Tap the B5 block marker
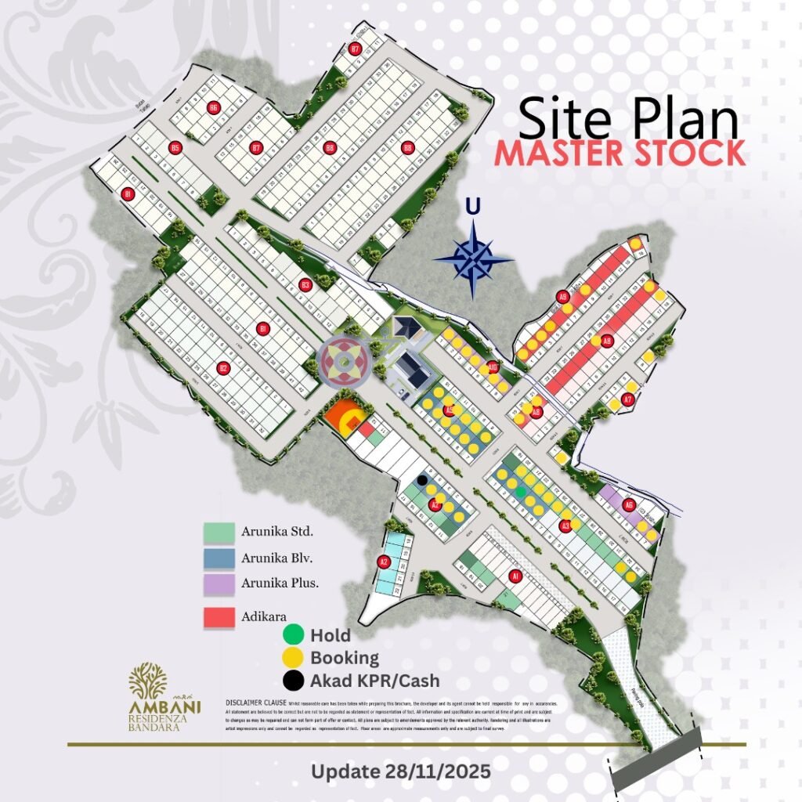click(x=175, y=147)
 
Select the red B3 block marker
click(x=305, y=285)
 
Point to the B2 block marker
click(x=222, y=367)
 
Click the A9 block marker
click(x=562, y=296)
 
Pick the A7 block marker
click(x=627, y=400)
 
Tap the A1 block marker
click(x=515, y=576)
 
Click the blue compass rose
click(x=473, y=258)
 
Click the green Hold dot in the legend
click(x=294, y=634)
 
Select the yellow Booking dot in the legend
click(x=294, y=657)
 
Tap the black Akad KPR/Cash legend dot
click(x=294, y=681)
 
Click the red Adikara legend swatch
click(x=219, y=617)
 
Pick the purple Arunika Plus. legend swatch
click(x=219, y=584)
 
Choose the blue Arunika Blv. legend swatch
click(x=219, y=558)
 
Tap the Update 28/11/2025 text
click(x=401, y=771)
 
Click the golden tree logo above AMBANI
click(x=148, y=681)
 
